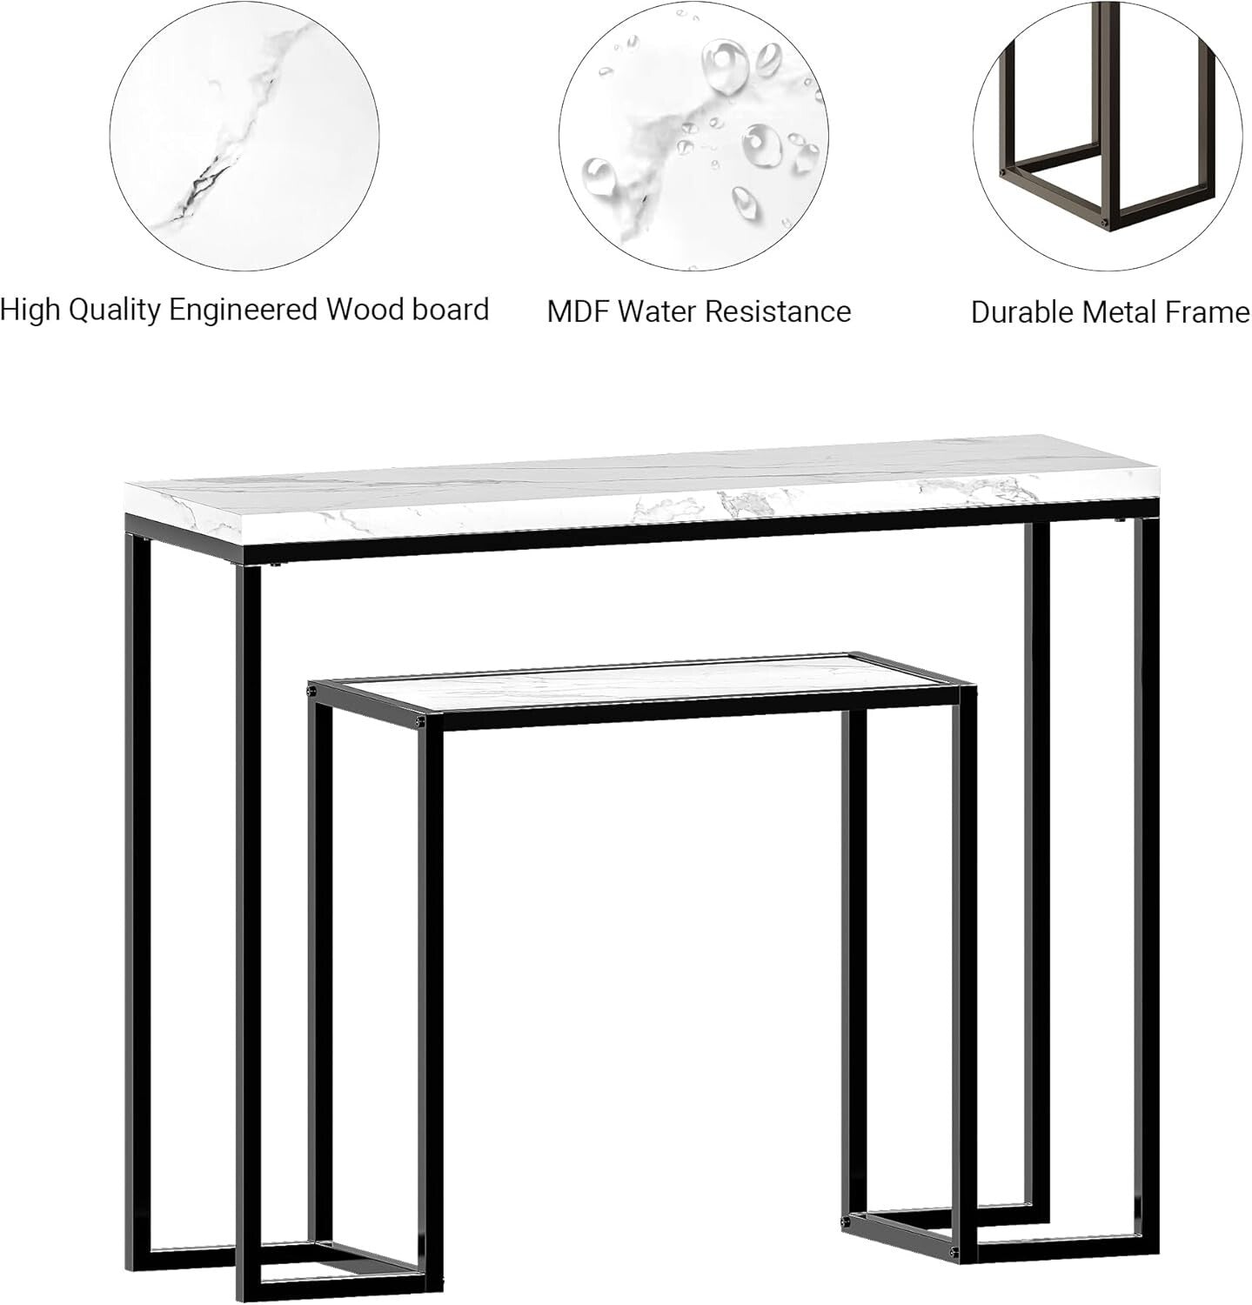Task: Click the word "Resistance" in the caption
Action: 777,311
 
